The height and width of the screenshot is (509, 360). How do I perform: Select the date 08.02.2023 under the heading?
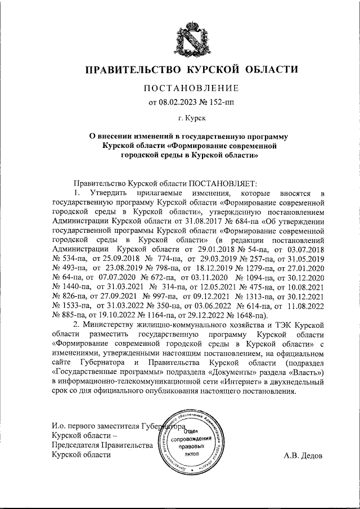click(182, 102)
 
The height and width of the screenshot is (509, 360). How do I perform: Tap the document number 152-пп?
click(213, 102)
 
